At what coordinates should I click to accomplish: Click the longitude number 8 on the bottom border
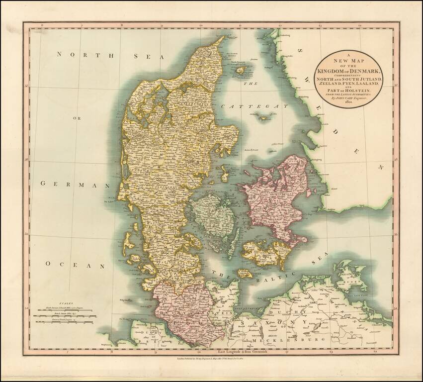point(113,351)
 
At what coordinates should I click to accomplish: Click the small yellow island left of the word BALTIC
point(244,273)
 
